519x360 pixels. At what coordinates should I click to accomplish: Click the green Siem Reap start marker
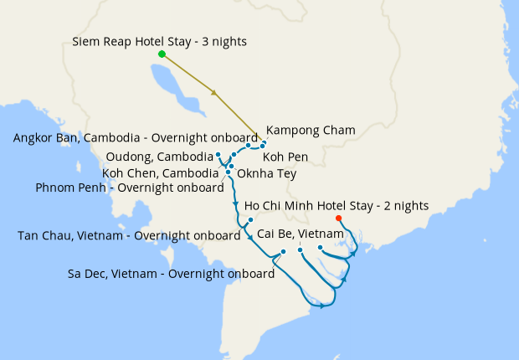pos(162,54)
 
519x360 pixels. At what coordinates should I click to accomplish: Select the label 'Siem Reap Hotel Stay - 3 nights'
pos(159,41)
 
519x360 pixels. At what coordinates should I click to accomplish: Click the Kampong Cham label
pos(311,130)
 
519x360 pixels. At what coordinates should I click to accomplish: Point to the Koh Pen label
pos(285,157)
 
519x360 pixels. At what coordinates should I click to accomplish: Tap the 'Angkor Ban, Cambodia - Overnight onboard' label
pos(136,138)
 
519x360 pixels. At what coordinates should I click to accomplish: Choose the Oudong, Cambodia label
pos(160,157)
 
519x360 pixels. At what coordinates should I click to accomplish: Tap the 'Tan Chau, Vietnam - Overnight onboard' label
pos(129,235)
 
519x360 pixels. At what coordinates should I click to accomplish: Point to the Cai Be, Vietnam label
pos(301,233)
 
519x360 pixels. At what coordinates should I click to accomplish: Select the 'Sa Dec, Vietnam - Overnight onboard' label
pos(172,274)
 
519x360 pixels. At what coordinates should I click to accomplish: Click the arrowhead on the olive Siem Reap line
pos(216,93)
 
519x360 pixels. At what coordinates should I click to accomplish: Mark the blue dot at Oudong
pos(218,155)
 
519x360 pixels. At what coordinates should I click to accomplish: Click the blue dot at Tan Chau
pos(250,219)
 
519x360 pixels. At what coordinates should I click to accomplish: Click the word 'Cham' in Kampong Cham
pos(340,130)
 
